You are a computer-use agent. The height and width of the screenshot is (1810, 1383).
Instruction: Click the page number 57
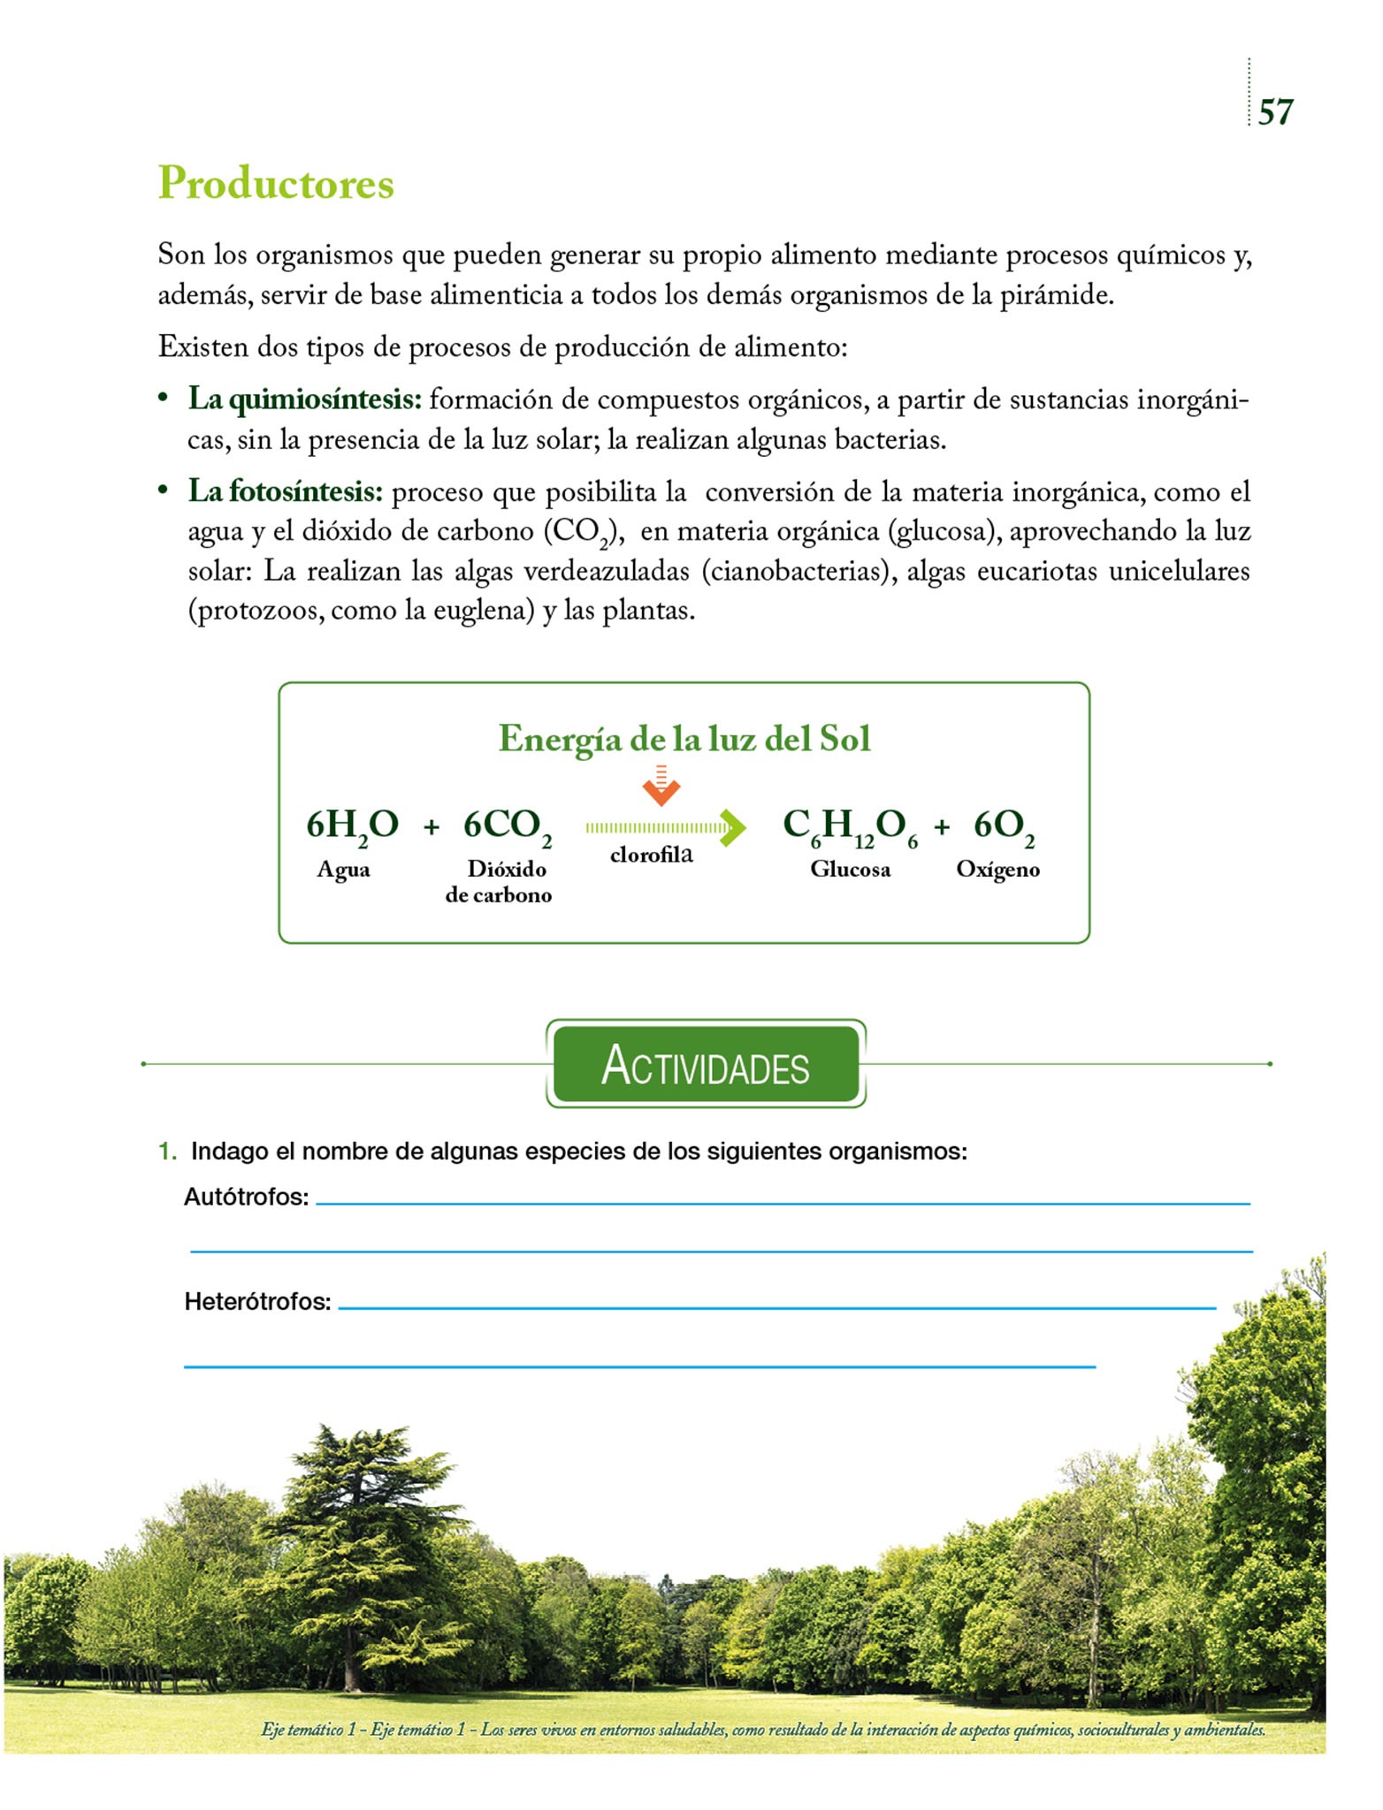(x=1275, y=112)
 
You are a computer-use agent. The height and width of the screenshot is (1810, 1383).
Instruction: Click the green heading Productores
(x=276, y=184)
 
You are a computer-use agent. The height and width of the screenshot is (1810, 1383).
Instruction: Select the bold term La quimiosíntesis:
(x=305, y=400)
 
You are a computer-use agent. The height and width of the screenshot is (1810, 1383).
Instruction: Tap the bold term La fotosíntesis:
(x=285, y=491)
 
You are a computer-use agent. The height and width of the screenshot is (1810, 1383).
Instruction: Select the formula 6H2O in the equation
(x=352, y=826)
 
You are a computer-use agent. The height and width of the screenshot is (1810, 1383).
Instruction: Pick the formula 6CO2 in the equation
(x=507, y=826)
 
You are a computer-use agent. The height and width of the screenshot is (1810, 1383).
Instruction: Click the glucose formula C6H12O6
(x=850, y=827)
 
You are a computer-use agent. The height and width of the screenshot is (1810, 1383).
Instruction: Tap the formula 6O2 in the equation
(x=1004, y=827)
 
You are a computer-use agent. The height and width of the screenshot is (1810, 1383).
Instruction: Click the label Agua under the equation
(x=343, y=870)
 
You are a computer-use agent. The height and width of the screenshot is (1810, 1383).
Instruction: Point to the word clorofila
(x=651, y=855)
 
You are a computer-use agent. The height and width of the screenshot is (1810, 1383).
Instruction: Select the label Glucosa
(x=850, y=870)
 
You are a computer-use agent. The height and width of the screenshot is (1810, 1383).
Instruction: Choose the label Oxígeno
(x=997, y=870)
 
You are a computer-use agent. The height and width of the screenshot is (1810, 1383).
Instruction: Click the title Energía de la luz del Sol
(x=684, y=739)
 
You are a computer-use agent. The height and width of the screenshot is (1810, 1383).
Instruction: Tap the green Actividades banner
(x=706, y=1064)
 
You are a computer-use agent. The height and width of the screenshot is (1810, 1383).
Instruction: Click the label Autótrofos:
(x=246, y=1197)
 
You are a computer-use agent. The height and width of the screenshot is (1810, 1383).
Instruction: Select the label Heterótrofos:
(x=257, y=1302)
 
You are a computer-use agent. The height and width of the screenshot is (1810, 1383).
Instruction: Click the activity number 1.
(x=166, y=1152)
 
